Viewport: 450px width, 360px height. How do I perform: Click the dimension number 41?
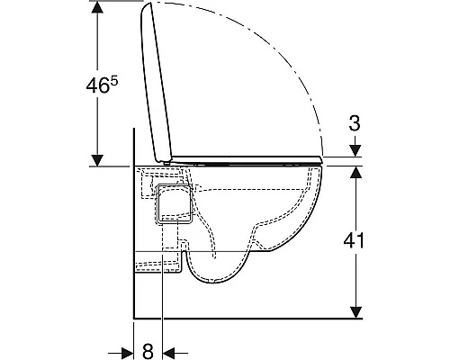pos(354,240)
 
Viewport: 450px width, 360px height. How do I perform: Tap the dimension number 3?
pos(355,123)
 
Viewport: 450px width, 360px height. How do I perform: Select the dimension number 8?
pos(148,350)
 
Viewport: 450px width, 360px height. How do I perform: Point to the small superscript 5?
pos(114,80)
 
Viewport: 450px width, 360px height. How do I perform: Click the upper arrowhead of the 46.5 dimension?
pos(97,7)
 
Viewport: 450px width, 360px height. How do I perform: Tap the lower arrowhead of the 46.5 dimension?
pos(97,160)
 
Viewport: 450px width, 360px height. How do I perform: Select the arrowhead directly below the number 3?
pos(355,150)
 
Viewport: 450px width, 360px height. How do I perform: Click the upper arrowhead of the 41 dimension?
pos(356,172)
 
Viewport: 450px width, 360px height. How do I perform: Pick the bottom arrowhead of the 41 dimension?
pos(356,312)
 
